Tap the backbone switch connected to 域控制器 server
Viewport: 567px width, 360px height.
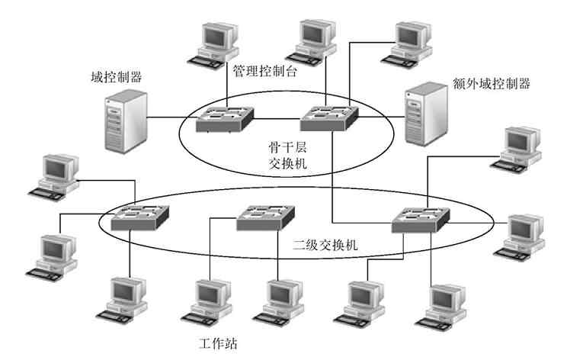223,118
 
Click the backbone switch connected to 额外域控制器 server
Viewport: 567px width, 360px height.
328,116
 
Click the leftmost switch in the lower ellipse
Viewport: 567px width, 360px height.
139,218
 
